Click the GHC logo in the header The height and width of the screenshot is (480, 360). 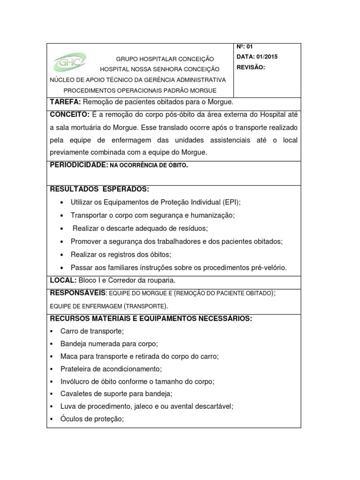click(x=69, y=61)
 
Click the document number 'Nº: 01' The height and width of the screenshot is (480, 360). click(x=244, y=46)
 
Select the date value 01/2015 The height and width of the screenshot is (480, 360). click(x=267, y=57)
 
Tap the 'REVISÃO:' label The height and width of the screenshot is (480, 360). click(x=251, y=67)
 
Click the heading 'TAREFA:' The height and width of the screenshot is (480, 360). click(x=65, y=102)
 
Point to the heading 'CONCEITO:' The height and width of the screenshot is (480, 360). click(x=69, y=115)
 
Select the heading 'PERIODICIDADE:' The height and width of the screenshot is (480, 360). click(x=79, y=165)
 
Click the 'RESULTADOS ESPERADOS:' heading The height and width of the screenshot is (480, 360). click(x=99, y=189)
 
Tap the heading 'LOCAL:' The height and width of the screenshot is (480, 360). click(x=63, y=280)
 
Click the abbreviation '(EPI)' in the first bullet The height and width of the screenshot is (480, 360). click(x=230, y=202)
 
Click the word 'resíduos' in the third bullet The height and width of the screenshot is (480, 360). click(x=192, y=228)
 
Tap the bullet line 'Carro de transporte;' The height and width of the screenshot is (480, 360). click(x=92, y=331)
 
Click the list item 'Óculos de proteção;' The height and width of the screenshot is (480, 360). click(x=92, y=419)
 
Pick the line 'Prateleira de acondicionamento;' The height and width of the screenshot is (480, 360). click(x=111, y=369)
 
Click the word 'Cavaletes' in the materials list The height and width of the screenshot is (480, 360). click(x=75, y=394)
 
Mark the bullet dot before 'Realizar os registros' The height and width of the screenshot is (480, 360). click(x=62, y=255)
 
